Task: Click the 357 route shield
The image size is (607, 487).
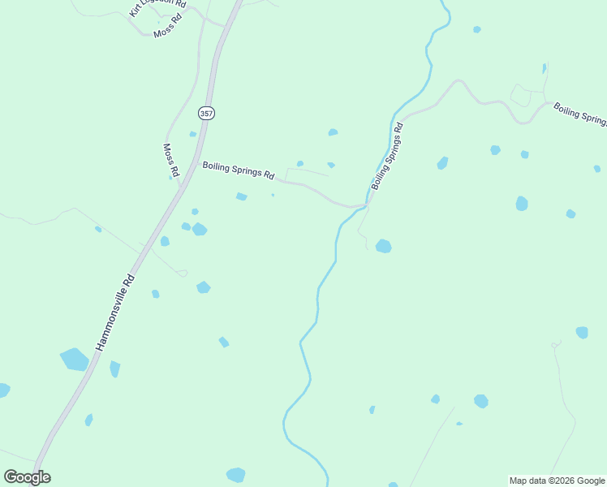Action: tap(206, 114)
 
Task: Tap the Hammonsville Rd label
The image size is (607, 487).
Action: tap(115, 312)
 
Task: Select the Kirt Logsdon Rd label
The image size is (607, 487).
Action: tap(157, 9)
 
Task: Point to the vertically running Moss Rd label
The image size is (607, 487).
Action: tap(170, 161)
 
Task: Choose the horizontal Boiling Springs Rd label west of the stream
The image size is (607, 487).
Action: tap(239, 170)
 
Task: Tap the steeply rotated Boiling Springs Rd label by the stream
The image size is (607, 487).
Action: tap(387, 157)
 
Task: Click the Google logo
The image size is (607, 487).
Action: tap(28, 477)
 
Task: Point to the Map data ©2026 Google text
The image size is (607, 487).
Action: tap(557, 481)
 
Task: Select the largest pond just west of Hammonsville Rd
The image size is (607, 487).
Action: tap(74, 359)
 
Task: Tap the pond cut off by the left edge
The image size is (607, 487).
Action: tap(3, 390)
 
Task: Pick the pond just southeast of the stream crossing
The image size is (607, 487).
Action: tap(383, 245)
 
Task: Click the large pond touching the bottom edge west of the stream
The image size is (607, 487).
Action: tap(235, 475)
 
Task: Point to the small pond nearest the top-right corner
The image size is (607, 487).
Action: tap(477, 29)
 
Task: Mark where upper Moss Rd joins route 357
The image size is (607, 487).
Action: tap(222, 26)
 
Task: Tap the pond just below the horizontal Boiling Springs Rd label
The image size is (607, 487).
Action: tap(241, 196)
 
